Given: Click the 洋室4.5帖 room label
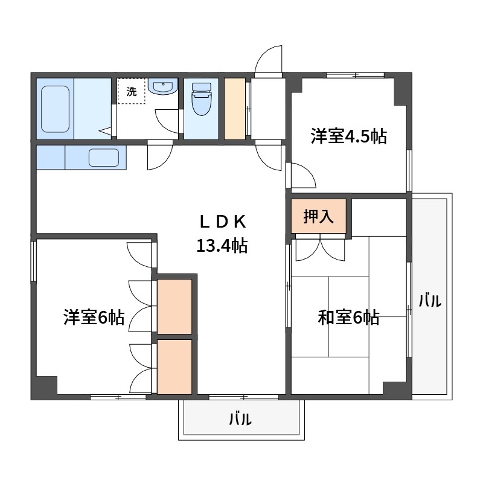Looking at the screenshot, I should pos(348,136).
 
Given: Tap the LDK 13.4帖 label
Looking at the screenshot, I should pos(221,234).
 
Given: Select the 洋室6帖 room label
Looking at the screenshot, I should pos(94,317).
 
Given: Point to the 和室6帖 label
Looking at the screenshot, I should pos(348,317).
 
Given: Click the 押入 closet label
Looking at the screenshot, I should pos(318,216).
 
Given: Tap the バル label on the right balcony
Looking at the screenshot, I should pos(430,299).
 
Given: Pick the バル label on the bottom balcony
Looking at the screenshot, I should pos(240,420).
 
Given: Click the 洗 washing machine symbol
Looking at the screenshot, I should pos(131,92).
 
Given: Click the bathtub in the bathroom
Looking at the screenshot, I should pos(56,108).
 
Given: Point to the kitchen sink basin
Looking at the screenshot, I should pos(103,158).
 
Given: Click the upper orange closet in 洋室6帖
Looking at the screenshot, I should pos(174,305).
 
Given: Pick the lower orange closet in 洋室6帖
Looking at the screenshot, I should pos(174,366).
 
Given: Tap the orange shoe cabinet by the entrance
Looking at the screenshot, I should pos(235,108).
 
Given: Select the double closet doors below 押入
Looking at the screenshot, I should pos(319,246).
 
